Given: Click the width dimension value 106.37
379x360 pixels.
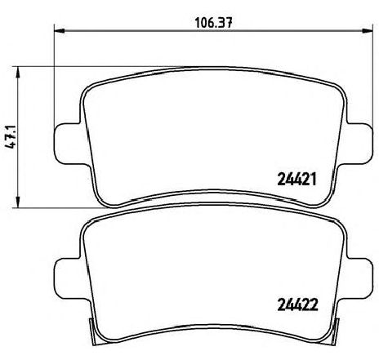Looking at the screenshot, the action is point(214,23).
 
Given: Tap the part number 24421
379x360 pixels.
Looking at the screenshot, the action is point(297,180).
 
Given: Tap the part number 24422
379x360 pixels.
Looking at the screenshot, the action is point(297,304).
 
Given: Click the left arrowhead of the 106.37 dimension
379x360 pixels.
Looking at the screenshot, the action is point(60,31).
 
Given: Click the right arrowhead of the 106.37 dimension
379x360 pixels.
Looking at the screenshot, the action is point(367,31).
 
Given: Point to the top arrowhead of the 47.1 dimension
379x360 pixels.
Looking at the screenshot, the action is point(18,72).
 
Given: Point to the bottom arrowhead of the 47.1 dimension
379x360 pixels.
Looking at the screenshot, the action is point(18,202).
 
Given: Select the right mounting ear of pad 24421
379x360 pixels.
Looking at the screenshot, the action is point(359,144).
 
